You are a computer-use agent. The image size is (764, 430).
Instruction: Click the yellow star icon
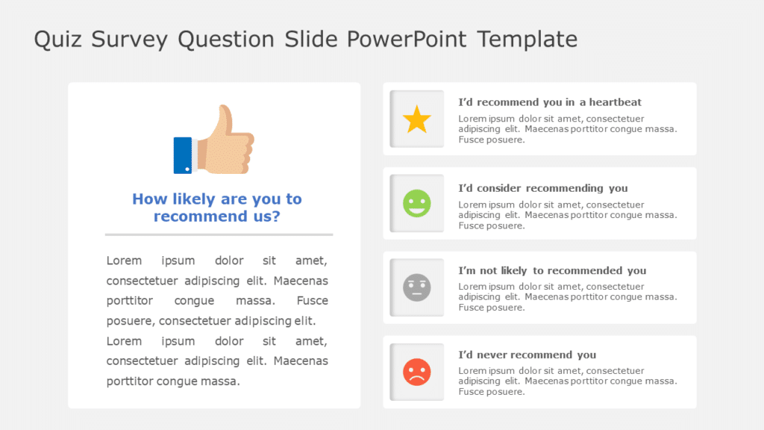tap(417, 119)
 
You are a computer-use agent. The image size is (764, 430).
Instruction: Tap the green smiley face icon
tap(417, 203)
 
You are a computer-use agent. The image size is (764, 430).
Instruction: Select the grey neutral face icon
tap(417, 287)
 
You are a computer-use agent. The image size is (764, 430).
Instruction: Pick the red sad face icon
tap(417, 372)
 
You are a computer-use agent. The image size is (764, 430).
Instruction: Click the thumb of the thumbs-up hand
tap(222, 119)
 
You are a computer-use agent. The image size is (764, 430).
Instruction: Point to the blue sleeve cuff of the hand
tap(182, 155)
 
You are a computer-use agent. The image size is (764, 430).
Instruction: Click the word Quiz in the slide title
tap(58, 39)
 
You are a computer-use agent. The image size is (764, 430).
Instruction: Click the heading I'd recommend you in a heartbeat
tap(550, 102)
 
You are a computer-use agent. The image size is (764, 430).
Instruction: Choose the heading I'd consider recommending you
tap(543, 188)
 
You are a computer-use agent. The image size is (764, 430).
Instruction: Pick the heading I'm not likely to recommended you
tap(552, 270)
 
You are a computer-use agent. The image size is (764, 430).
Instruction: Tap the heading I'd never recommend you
tap(527, 355)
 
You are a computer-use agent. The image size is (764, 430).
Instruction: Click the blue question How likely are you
tap(216, 199)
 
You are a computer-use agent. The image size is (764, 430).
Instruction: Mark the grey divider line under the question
tap(219, 234)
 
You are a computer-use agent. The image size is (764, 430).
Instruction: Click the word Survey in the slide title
tap(131, 39)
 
